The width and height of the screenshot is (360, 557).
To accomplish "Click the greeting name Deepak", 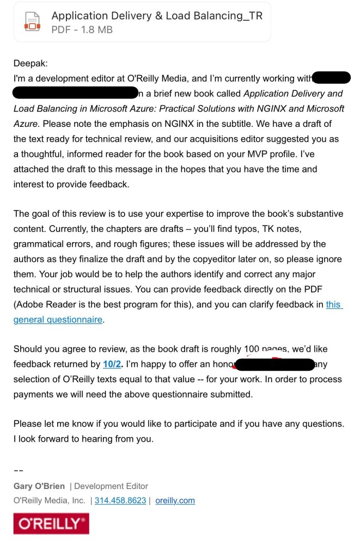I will click(30, 64).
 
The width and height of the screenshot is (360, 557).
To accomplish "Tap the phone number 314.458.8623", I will click(120, 500).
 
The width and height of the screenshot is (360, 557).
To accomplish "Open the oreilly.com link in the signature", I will click(175, 500).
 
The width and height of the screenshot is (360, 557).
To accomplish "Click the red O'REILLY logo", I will click(51, 524).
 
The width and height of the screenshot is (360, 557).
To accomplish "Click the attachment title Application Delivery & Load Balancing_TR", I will click(157, 16).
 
